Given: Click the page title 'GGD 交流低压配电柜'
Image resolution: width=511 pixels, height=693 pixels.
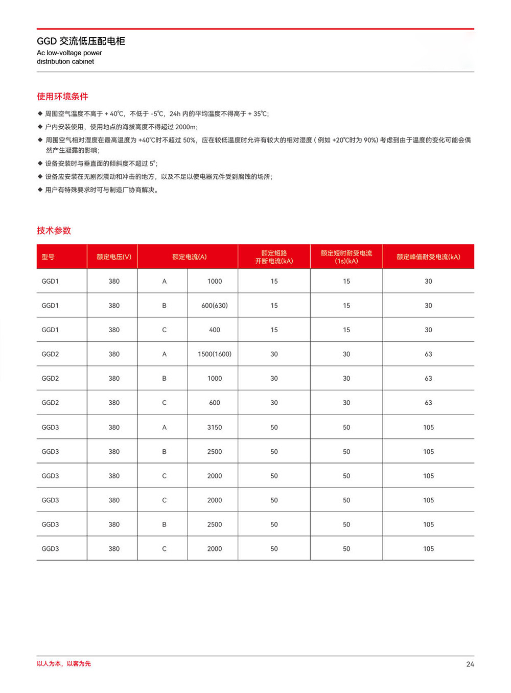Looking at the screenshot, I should click(x=81, y=41).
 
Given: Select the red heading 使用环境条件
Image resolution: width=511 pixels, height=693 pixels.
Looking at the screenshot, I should click(x=62, y=97).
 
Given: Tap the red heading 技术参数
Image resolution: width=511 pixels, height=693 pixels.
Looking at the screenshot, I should click(x=54, y=230).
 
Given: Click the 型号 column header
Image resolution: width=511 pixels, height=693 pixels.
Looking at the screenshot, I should click(x=48, y=257).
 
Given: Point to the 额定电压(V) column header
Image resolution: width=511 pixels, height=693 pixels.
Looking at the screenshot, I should click(x=114, y=257).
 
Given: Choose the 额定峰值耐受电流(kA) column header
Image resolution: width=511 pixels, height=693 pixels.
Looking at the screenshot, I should click(x=428, y=257).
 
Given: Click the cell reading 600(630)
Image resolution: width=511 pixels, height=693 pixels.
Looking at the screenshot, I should click(x=215, y=306).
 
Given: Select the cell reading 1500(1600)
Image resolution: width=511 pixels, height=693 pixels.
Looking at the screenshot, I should click(x=215, y=354).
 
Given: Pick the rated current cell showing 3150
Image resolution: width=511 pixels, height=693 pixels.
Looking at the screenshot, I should click(x=215, y=427).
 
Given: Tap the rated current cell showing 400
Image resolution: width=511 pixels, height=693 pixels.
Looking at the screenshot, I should click(x=215, y=330).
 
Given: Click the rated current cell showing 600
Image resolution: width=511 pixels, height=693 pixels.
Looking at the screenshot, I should click(x=215, y=403).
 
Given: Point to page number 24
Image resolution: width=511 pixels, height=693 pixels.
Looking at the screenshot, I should click(x=470, y=664).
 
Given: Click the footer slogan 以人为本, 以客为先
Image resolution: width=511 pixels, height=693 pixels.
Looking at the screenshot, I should click(x=64, y=664).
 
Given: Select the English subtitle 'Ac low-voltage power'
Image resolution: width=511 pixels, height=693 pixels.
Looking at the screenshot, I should click(x=69, y=53).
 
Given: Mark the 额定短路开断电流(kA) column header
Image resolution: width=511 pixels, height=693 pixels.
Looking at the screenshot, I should click(x=274, y=257).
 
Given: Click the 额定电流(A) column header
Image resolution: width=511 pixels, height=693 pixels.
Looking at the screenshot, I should click(x=189, y=257).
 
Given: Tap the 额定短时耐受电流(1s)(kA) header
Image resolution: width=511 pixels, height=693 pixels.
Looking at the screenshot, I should click(x=346, y=257).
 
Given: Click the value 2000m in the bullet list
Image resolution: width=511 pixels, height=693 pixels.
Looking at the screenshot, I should click(x=185, y=127).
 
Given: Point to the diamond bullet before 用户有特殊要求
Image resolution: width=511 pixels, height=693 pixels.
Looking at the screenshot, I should click(x=40, y=190).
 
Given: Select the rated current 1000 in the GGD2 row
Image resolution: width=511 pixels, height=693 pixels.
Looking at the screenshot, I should click(x=215, y=379).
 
